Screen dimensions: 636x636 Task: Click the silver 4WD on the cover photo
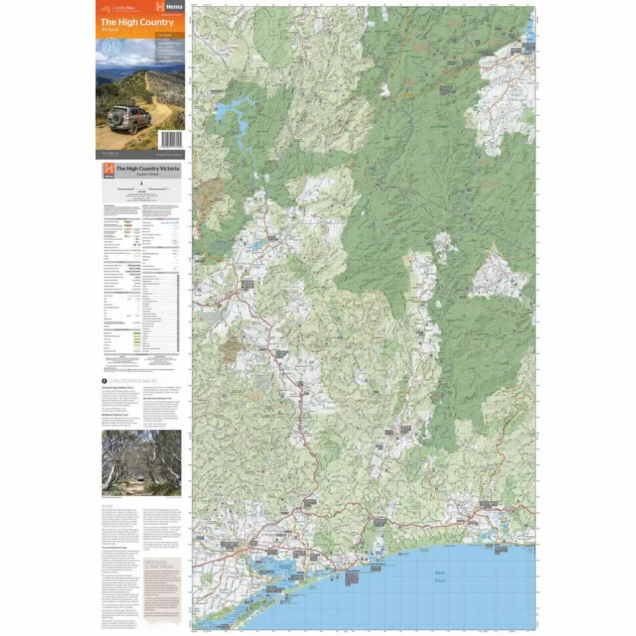129,119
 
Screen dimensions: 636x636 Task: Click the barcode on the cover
170,140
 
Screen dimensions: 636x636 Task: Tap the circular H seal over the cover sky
111,46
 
